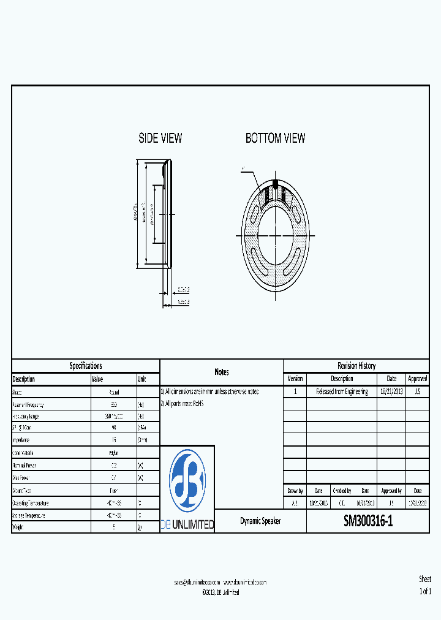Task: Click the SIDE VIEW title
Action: [x=160, y=138]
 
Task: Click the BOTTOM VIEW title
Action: [x=275, y=138]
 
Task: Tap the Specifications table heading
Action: [x=86, y=366]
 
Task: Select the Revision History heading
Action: [x=356, y=366]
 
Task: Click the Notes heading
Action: [x=222, y=372]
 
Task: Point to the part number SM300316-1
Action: [x=368, y=521]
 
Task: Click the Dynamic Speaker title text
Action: [x=260, y=521]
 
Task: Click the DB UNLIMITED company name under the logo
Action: [x=187, y=524]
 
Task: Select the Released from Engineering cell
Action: [x=342, y=391]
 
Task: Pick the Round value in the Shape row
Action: [x=113, y=392]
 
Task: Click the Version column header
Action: [x=295, y=379]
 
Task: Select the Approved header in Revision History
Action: [x=417, y=379]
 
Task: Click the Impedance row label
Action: [x=23, y=440]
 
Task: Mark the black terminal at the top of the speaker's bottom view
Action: [x=275, y=183]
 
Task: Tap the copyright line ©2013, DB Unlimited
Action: [x=221, y=592]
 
